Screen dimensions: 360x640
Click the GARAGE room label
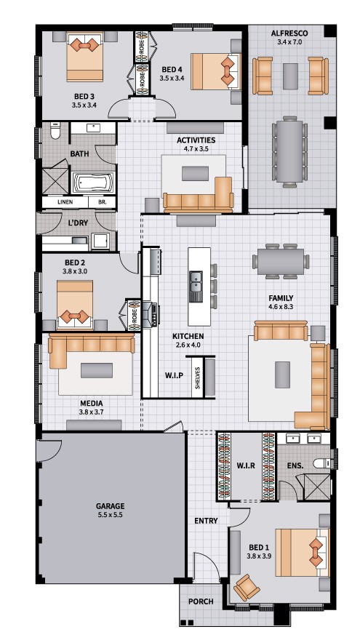111,506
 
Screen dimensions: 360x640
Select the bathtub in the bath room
94,183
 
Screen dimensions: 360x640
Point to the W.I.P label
174,375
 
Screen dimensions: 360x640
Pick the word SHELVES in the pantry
198,378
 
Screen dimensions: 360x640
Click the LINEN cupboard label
65,202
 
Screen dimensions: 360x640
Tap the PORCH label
201,601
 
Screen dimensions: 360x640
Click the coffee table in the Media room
97,370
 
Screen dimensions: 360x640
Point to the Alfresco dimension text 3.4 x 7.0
289,41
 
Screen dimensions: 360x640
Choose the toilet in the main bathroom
55,131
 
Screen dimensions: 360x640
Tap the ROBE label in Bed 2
134,315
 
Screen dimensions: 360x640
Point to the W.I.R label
246,465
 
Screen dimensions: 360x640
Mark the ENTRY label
206,521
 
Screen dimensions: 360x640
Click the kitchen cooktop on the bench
154,313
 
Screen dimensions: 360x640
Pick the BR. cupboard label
102,202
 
